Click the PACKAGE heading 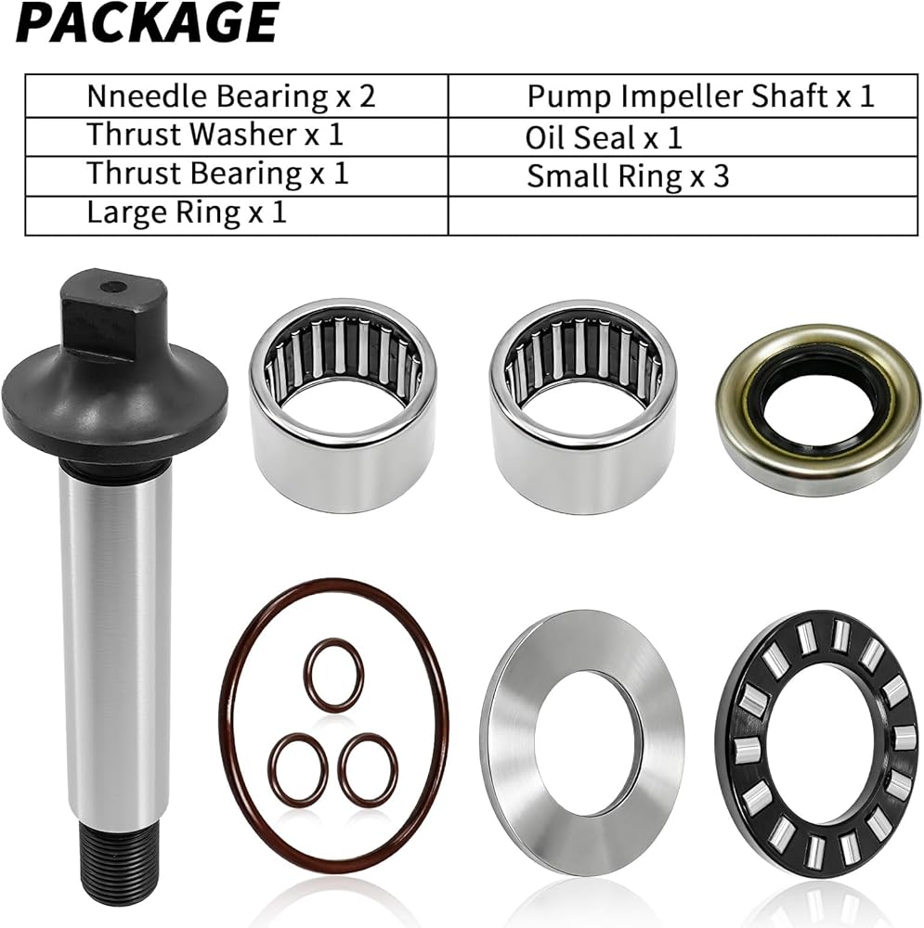pos(147,22)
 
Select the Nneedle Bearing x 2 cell pos(236,96)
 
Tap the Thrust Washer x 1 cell pos(236,136)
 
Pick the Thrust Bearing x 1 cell pos(236,176)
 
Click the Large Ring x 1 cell pos(236,215)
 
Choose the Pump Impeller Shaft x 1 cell pos(683,96)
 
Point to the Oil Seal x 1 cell pos(683,136)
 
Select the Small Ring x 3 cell pos(683,176)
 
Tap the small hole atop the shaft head pos(113,288)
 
